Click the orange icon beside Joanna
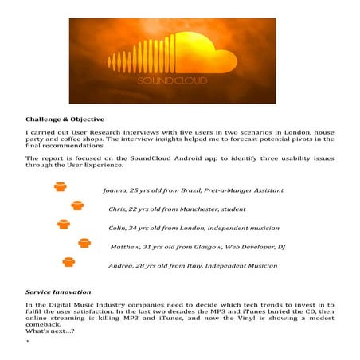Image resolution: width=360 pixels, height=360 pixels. click(59, 188)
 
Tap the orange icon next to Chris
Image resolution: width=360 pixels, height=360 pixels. click(77, 205)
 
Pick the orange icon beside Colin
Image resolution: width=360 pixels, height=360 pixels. click(64, 225)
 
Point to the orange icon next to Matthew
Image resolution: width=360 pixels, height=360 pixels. click(84, 243)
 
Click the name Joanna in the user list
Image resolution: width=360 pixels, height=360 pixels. click(118, 191)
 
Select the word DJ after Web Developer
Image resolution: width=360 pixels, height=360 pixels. click(281, 247)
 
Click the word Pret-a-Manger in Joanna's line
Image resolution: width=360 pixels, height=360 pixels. click(232, 191)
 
